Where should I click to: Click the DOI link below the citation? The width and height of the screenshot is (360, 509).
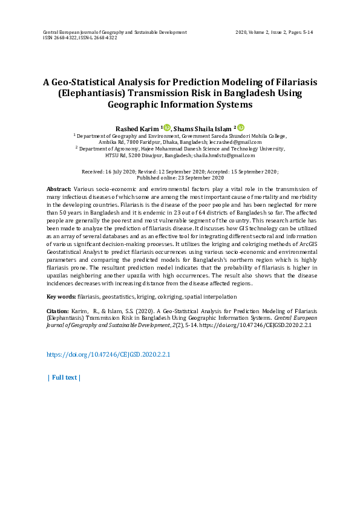click(108, 354)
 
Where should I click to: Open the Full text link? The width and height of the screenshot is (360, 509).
click(64, 377)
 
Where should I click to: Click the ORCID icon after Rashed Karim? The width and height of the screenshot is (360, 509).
click(167, 128)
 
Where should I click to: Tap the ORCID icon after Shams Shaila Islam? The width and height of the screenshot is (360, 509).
click(240, 128)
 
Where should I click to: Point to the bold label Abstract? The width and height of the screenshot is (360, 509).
click(59, 189)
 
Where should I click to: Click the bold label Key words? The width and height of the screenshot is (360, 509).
click(61, 297)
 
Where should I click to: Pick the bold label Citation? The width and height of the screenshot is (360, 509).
click(57, 311)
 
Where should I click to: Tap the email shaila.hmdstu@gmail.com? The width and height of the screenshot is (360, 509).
click(237, 155)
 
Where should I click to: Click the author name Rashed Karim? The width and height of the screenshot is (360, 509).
click(137, 128)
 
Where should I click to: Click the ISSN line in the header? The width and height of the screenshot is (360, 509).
click(80, 37)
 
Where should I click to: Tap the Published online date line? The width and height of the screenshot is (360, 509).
click(180, 178)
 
